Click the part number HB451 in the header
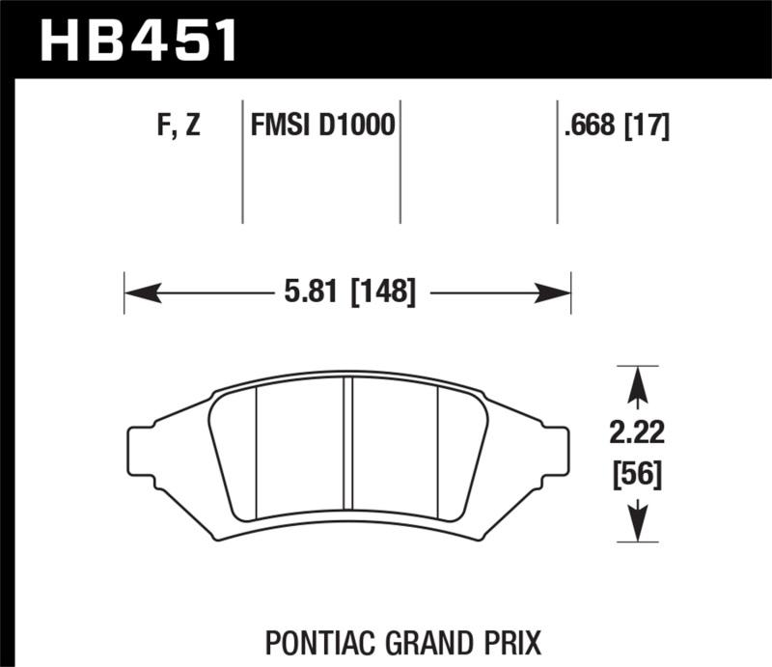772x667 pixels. pyautogui.click(x=139, y=41)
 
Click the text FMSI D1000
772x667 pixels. pyautogui.click(x=322, y=126)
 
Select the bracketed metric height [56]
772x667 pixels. pyautogui.click(x=636, y=475)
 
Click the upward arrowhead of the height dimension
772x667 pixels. pyautogui.click(x=636, y=386)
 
